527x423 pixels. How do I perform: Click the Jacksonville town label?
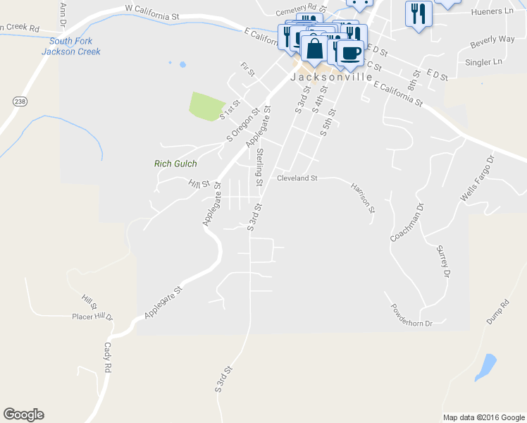(332, 78)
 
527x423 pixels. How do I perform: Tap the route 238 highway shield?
(18, 101)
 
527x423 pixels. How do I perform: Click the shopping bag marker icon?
(314, 49)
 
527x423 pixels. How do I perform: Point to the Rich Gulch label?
(175, 164)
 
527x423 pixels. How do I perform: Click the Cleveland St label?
(297, 178)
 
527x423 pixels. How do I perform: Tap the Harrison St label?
(363, 197)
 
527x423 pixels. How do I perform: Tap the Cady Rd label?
(108, 357)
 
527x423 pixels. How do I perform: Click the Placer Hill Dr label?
(92, 317)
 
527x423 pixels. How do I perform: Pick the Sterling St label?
(259, 166)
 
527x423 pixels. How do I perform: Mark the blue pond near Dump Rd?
(486, 366)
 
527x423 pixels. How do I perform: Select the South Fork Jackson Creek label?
(70, 47)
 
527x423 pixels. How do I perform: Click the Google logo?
(23, 415)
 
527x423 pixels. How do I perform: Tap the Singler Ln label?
(483, 62)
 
